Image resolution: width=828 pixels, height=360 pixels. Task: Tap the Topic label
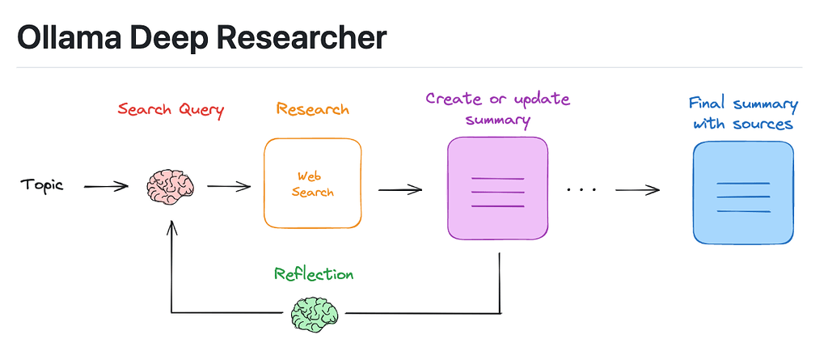pyautogui.click(x=42, y=185)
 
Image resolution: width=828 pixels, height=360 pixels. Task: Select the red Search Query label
pyautogui.click(x=170, y=109)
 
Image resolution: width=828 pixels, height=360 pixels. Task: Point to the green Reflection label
pyautogui.click(x=313, y=274)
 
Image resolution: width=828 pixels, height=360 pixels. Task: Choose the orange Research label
pyautogui.click(x=313, y=109)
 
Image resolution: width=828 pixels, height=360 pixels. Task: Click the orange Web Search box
pyautogui.click(x=313, y=184)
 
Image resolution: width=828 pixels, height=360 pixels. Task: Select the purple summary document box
pyautogui.click(x=497, y=188)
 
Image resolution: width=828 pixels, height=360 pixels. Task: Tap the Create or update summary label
pyautogui.click(x=497, y=110)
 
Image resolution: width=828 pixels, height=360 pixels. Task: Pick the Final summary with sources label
pyautogui.click(x=742, y=114)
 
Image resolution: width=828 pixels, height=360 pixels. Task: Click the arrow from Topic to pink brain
pyautogui.click(x=106, y=186)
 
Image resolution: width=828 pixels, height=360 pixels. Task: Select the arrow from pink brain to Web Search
pyautogui.click(x=229, y=186)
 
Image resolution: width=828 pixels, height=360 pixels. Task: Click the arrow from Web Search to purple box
pyautogui.click(x=400, y=190)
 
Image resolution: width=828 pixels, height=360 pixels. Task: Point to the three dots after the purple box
pyautogui.click(x=581, y=189)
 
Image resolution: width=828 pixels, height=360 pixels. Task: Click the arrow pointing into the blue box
pyautogui.click(x=637, y=190)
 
